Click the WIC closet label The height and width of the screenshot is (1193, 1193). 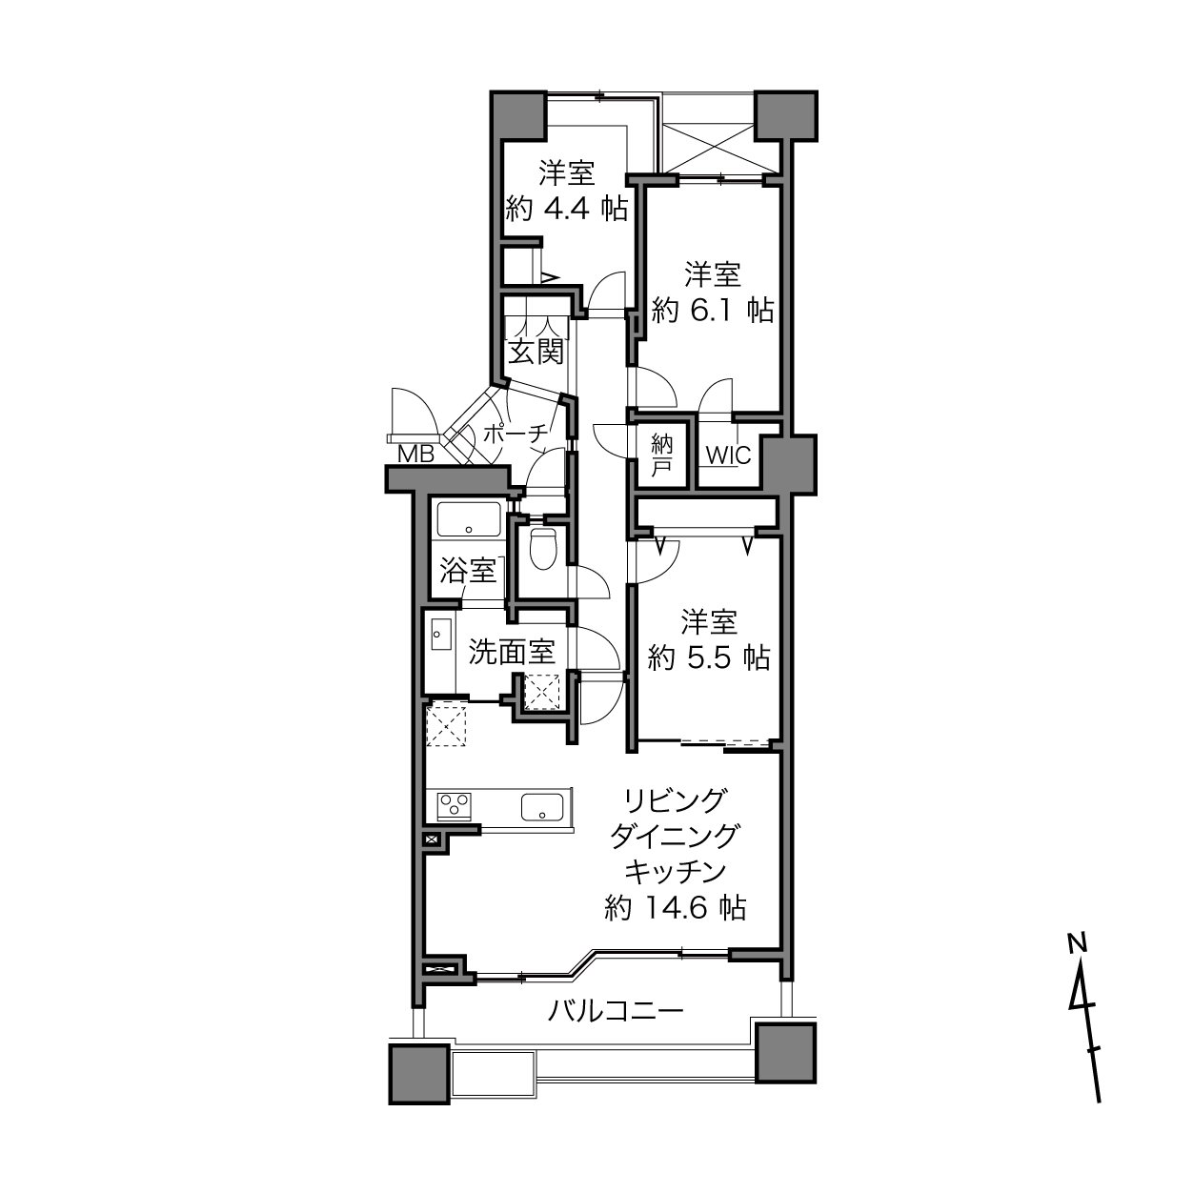pos(729,455)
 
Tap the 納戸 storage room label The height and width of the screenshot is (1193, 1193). pos(662,455)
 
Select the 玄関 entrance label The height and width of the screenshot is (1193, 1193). pos(536,352)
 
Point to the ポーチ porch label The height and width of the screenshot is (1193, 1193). pos(516,434)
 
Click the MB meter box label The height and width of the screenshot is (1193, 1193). pos(416,455)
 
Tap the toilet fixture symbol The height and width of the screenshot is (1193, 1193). pos(545,547)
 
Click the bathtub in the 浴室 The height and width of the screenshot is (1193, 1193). pos(469,518)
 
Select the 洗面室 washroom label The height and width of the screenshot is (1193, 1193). pos(511,652)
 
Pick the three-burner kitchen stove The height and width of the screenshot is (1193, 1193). pos(455,807)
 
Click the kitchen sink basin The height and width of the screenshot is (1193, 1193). pos(542,807)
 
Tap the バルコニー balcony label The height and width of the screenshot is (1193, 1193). pos(616,1012)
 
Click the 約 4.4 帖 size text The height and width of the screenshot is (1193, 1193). pos(566,209)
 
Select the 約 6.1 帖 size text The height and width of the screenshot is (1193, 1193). pos(712,310)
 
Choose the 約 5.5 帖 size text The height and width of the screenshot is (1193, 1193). pos(709,657)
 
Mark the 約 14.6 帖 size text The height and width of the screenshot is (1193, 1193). pos(675,907)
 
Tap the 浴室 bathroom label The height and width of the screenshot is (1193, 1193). pos(468,571)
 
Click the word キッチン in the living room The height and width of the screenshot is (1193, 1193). pos(675,872)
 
